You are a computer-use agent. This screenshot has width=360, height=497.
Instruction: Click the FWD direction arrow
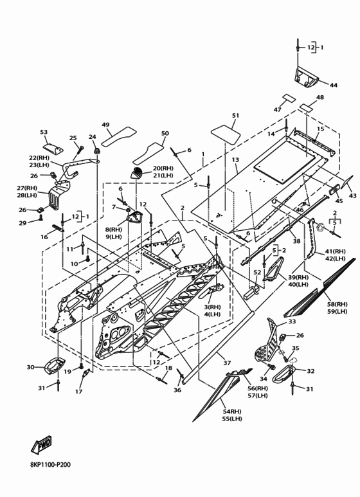coord(41,444)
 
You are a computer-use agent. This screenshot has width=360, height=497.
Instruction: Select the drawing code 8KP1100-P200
coord(51,465)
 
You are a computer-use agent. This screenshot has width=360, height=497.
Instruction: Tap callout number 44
coord(334,85)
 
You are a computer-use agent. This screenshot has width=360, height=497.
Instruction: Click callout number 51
coord(235,115)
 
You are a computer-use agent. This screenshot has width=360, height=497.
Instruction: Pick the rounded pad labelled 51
coord(226,134)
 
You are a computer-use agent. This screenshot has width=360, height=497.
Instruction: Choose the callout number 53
coord(44,132)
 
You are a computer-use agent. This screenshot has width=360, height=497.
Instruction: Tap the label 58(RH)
coord(337,304)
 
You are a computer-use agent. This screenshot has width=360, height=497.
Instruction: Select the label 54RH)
coord(231,411)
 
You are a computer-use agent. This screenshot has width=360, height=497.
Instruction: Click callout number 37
coord(227,363)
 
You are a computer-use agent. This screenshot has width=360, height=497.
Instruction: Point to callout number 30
coord(30,367)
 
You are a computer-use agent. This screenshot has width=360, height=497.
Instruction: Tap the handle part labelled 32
coord(283,374)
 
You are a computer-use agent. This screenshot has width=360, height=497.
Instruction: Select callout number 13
coord(235,159)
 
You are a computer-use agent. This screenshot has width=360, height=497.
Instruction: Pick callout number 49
coord(105,125)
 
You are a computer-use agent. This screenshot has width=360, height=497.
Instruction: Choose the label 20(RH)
coord(163,168)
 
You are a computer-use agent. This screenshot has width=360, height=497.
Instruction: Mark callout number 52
coord(257,272)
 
